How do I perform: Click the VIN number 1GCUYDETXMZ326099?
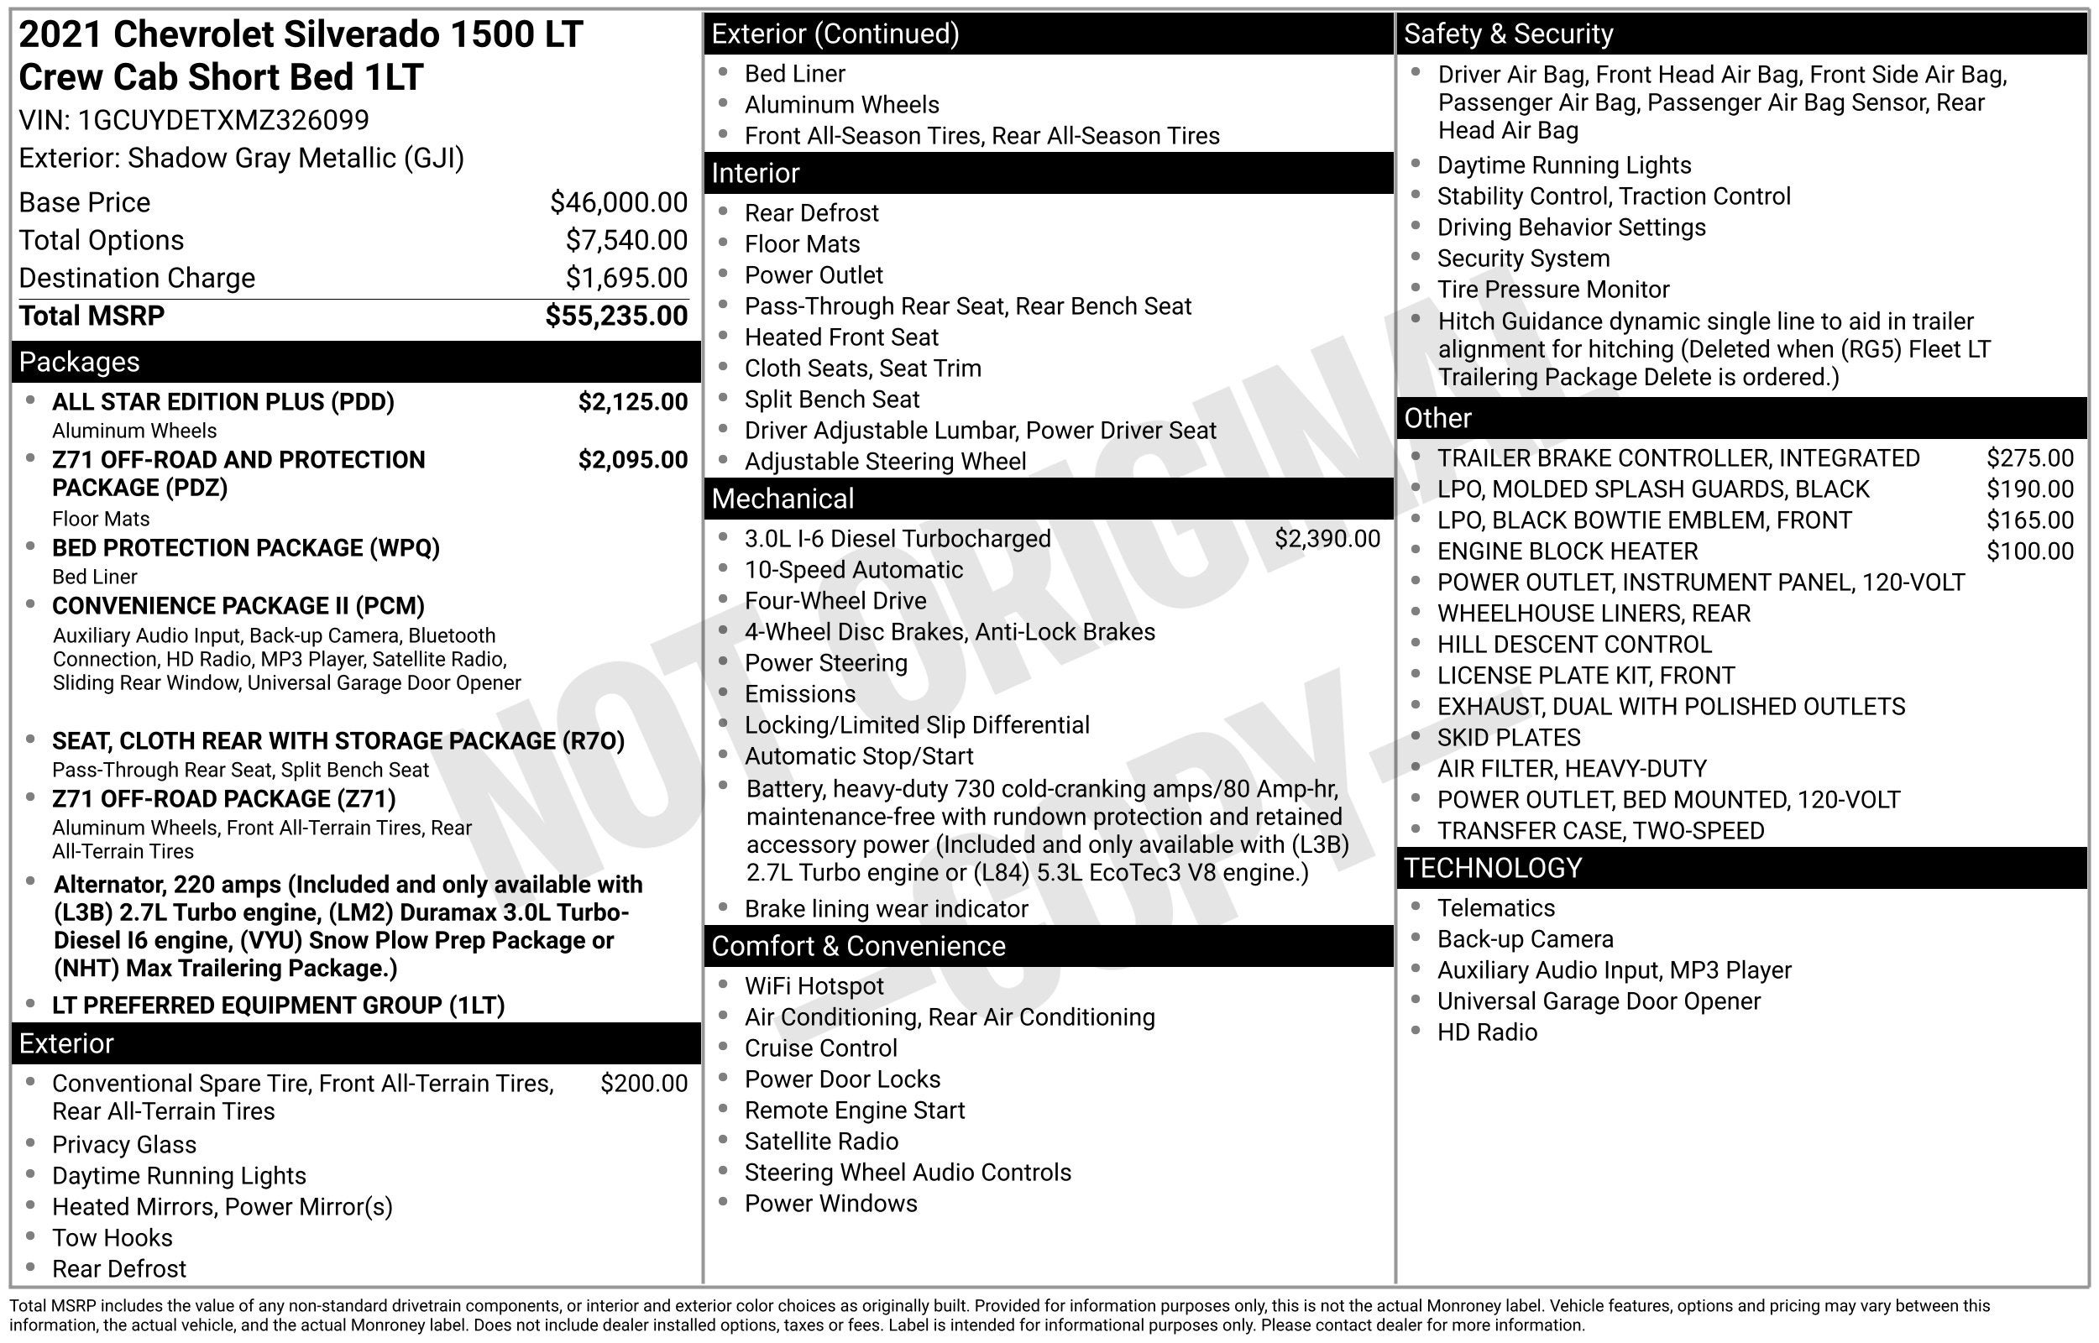point(223,120)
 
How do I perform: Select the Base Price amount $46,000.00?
point(618,202)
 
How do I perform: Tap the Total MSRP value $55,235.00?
point(615,316)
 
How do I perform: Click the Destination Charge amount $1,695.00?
point(626,278)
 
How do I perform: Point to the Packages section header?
point(80,362)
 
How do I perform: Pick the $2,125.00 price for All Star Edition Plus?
point(632,402)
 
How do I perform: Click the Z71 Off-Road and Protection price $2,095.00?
point(632,460)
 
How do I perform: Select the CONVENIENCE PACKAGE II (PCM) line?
point(238,606)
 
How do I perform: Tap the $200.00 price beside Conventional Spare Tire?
point(644,1083)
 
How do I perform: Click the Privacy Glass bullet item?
point(123,1144)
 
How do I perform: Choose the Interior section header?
point(755,174)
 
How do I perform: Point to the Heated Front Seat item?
point(840,337)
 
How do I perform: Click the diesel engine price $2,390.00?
point(1327,539)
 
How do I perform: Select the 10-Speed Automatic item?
point(853,570)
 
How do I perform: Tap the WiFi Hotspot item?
point(814,986)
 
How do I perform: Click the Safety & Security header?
point(1508,34)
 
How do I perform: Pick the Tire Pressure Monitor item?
point(1552,290)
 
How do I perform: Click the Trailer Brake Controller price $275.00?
point(2029,458)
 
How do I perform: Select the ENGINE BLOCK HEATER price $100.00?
point(2029,551)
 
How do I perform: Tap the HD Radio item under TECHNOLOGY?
point(1486,1032)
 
